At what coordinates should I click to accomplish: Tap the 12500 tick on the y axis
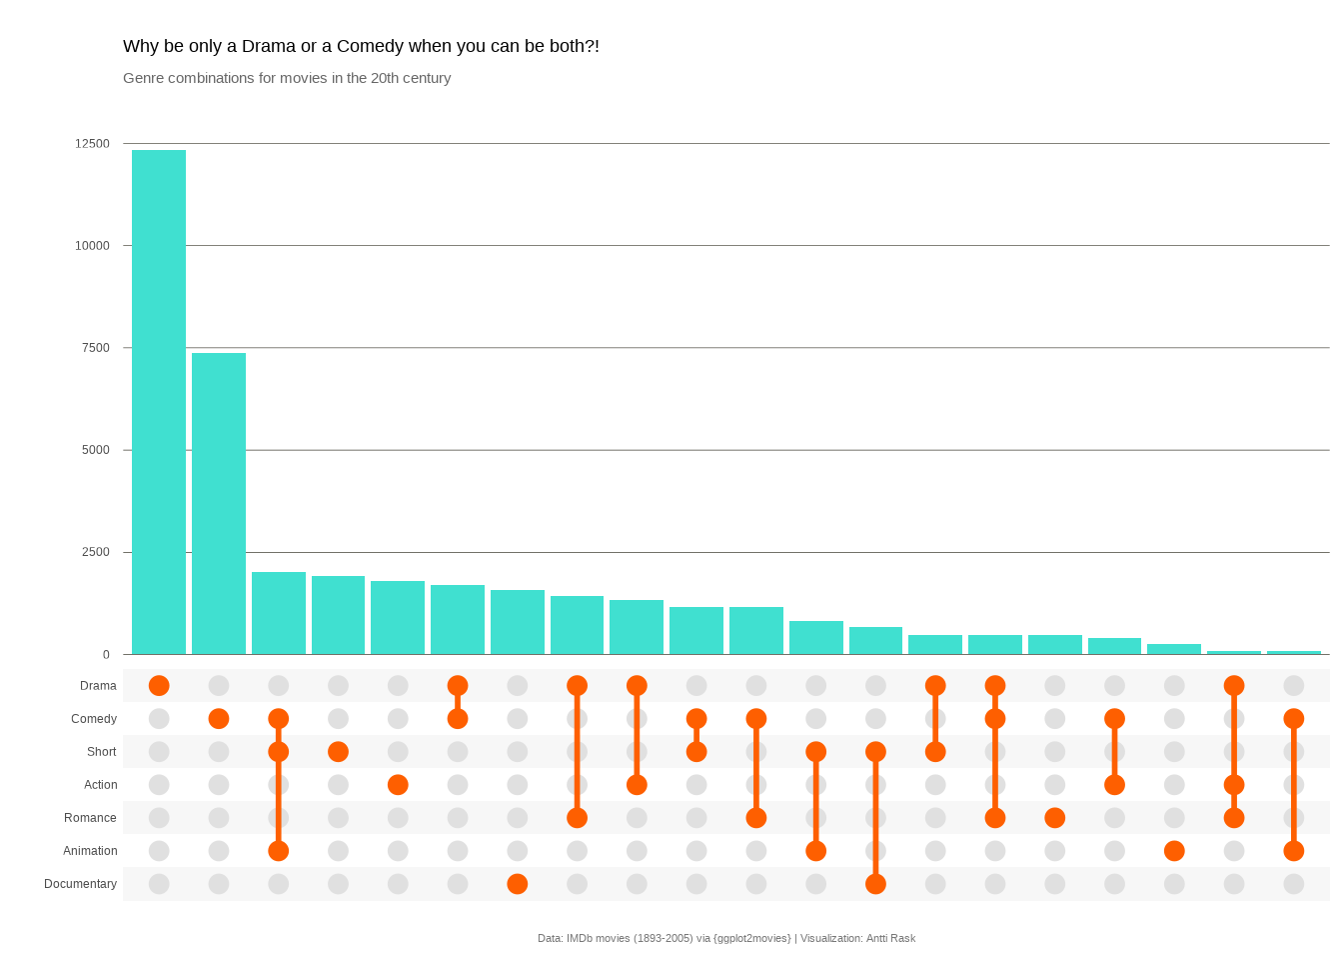tap(92, 144)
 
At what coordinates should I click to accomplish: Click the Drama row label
tap(98, 686)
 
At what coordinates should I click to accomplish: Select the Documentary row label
tap(80, 884)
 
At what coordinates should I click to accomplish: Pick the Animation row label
tap(90, 851)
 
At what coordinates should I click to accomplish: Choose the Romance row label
tap(90, 818)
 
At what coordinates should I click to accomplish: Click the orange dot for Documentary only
tap(518, 884)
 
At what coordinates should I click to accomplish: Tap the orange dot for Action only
tap(398, 785)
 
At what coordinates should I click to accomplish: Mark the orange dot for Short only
tap(338, 752)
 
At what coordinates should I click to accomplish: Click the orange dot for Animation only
tap(1174, 851)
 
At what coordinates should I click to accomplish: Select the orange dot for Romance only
tap(1054, 818)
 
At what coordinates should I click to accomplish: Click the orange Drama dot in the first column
tap(159, 686)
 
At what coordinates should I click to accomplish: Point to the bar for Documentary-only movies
tap(518, 622)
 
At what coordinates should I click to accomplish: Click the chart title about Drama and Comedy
tap(361, 46)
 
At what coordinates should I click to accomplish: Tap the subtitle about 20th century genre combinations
tap(287, 78)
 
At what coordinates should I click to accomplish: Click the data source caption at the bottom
tap(726, 938)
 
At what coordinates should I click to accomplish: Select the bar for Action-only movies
tap(398, 618)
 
